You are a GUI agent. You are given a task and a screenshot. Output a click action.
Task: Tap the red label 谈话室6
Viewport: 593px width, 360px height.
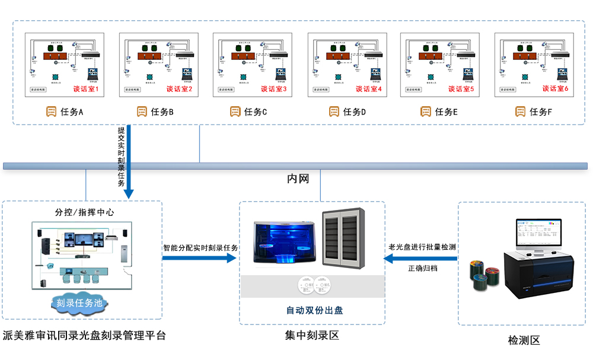556,88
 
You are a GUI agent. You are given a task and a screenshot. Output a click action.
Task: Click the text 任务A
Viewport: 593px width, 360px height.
72,111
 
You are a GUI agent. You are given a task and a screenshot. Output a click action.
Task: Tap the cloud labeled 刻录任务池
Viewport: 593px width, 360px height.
79,303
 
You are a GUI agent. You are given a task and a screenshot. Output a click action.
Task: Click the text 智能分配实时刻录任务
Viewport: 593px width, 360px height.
200,248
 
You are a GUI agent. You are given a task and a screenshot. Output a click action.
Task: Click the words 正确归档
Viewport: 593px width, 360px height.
423,268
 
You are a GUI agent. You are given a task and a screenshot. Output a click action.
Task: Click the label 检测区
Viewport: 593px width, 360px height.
524,340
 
